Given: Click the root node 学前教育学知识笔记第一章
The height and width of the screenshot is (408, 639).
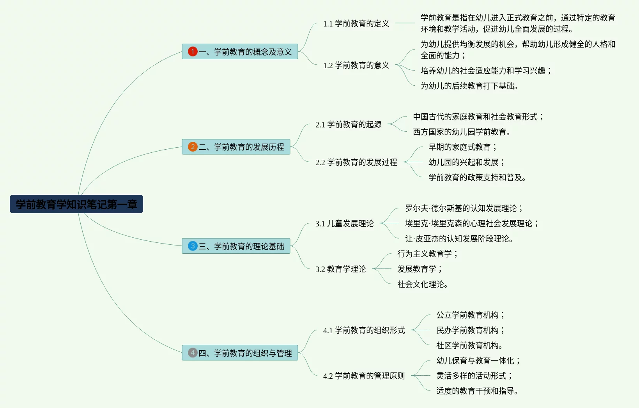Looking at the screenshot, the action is [76, 204].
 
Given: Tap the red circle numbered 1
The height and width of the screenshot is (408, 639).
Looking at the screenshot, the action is [193, 51].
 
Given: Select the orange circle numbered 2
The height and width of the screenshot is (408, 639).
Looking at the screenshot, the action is [193, 147].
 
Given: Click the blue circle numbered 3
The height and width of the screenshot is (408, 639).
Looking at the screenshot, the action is [193, 246].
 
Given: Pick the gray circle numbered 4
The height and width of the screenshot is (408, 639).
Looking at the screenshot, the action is [193, 353].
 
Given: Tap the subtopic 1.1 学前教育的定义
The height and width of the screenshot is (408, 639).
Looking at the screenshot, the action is [356, 23].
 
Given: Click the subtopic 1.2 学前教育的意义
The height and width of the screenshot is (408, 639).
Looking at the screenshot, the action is [356, 65].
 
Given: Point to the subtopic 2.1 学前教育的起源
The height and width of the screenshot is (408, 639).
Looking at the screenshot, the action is [348, 124].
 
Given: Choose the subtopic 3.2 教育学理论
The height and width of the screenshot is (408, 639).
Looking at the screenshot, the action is [340, 269].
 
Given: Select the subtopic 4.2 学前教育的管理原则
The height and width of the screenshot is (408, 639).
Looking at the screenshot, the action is [364, 376].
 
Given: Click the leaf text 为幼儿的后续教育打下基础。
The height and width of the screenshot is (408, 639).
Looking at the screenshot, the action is [469, 86].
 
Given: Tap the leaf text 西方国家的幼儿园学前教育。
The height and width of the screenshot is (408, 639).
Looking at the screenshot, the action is [461, 132].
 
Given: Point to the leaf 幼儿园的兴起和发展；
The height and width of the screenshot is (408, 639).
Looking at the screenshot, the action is [466, 162].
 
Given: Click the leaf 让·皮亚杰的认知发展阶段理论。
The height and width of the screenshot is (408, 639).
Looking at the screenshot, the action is [459, 238].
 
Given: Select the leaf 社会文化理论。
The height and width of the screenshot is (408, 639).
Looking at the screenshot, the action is [422, 284].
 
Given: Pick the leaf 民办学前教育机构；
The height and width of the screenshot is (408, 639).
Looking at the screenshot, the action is [470, 330].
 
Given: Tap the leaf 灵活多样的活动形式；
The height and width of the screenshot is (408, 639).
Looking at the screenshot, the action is [474, 376].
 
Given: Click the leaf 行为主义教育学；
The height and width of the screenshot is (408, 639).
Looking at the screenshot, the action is [427, 254].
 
